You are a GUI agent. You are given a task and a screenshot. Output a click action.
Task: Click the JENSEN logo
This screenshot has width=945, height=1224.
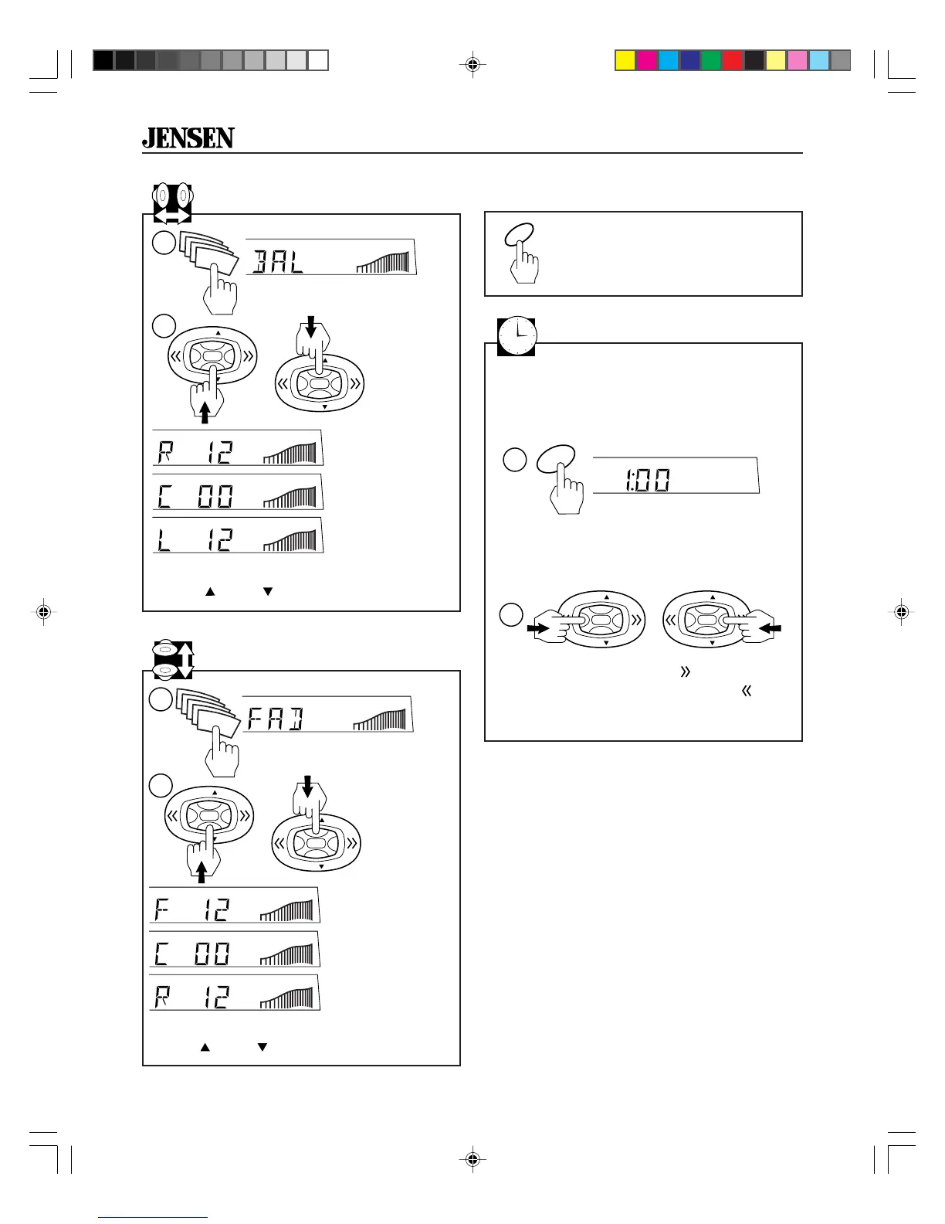[188, 138]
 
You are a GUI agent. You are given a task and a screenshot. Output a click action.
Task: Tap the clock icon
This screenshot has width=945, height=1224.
[517, 337]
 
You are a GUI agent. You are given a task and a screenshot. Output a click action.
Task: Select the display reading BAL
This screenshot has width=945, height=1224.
[331, 257]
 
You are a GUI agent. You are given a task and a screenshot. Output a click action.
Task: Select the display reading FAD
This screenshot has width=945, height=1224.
[328, 715]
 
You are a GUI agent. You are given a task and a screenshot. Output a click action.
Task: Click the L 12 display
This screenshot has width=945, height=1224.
[238, 535]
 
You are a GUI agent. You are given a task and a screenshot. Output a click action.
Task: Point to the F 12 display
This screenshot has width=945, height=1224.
[235, 906]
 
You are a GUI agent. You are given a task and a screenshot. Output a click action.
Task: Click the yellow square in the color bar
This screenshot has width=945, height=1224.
[625, 60]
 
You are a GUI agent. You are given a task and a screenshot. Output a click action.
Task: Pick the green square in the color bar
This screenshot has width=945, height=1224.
[711, 60]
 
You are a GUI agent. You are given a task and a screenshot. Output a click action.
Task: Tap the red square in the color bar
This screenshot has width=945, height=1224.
[733, 60]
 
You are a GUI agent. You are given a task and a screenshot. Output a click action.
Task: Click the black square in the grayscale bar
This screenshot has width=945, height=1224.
[103, 60]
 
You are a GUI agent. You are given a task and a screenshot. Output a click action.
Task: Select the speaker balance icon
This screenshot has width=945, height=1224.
[171, 202]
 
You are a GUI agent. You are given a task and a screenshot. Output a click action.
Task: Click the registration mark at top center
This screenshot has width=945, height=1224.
[472, 65]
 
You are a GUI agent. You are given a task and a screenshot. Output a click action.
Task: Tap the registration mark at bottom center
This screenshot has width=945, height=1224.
[472, 1159]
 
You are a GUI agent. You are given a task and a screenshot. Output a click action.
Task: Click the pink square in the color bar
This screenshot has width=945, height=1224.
[798, 60]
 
